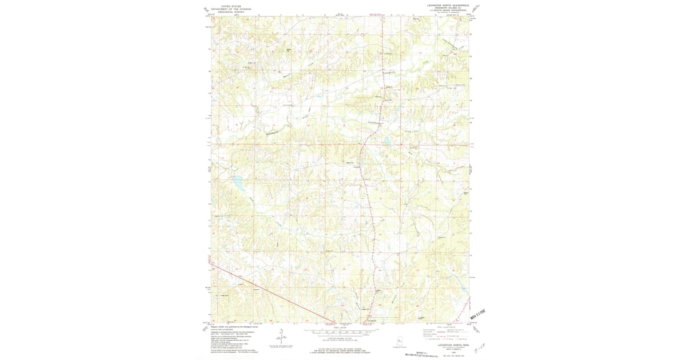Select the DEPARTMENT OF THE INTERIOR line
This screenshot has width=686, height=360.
click(231, 9)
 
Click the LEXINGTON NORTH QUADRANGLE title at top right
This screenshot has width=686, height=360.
click(448, 5)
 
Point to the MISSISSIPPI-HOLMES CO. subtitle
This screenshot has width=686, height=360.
click(448, 8)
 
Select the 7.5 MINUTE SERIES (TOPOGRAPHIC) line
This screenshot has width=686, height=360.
click(448, 11)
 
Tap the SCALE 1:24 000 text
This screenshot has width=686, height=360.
click(341, 327)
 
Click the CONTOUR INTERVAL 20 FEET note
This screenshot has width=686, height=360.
click(341, 338)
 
